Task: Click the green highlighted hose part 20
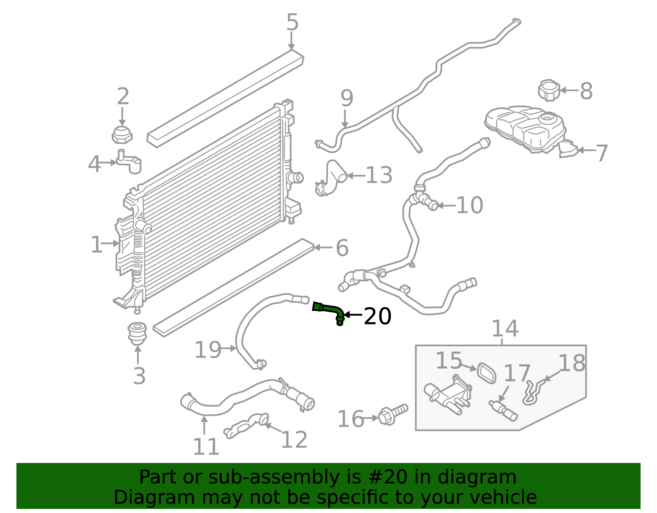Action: click(x=329, y=310)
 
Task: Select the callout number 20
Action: click(x=377, y=316)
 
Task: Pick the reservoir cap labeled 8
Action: click(x=549, y=90)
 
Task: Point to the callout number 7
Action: click(x=602, y=153)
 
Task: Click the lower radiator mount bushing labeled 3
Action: click(x=138, y=333)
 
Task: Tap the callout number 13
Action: click(x=379, y=175)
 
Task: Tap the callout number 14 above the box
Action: click(x=505, y=329)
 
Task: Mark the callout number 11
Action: click(x=206, y=446)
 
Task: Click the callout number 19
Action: click(x=208, y=350)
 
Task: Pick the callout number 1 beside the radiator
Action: click(x=96, y=245)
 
